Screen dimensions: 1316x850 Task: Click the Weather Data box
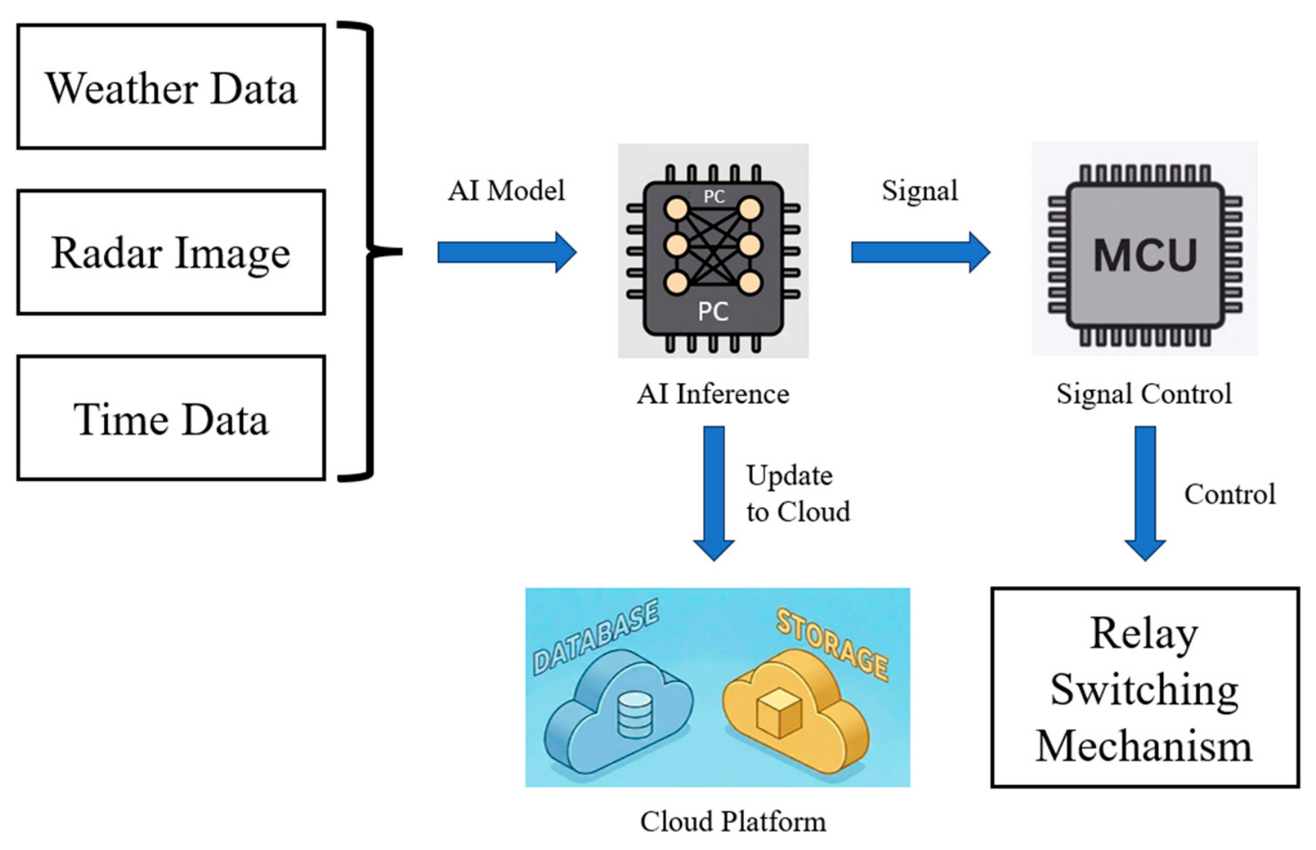(x=171, y=87)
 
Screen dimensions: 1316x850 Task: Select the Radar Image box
(x=171, y=252)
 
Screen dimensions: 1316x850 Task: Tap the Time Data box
(x=171, y=418)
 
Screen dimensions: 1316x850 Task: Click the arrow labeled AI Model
(x=506, y=252)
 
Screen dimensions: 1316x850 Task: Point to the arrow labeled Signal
(x=920, y=252)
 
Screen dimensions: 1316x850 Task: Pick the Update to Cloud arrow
(x=714, y=493)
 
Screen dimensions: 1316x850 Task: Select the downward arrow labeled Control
(x=1145, y=493)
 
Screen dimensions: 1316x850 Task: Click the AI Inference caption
(x=713, y=394)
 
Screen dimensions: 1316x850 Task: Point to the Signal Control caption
(x=1144, y=394)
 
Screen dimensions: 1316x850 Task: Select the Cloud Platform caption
(x=733, y=821)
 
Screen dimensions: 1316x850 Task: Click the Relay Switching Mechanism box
(x=1145, y=688)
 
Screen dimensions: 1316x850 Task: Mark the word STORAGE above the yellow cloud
(x=832, y=643)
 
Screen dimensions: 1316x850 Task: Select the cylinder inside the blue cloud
(x=634, y=715)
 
